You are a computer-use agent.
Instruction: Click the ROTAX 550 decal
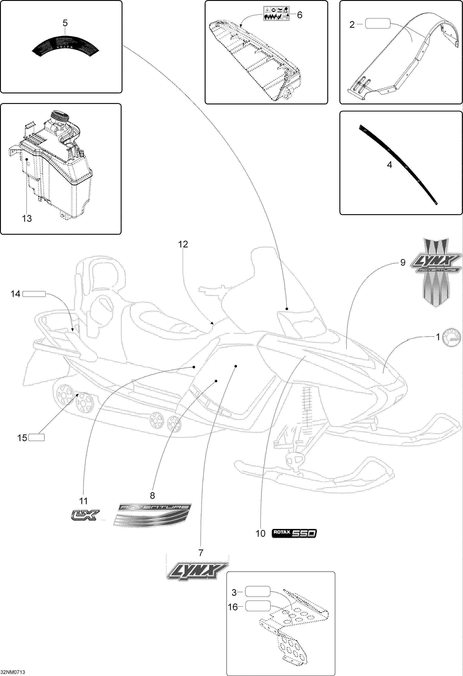(x=293, y=533)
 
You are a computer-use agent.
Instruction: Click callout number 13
(x=27, y=218)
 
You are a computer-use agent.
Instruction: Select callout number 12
(x=183, y=244)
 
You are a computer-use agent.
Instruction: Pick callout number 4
(x=389, y=165)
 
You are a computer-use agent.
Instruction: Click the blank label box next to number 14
(x=34, y=294)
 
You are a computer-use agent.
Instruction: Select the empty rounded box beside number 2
(x=377, y=23)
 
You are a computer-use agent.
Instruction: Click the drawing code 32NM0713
(x=13, y=672)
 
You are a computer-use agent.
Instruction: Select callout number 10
(x=261, y=533)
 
